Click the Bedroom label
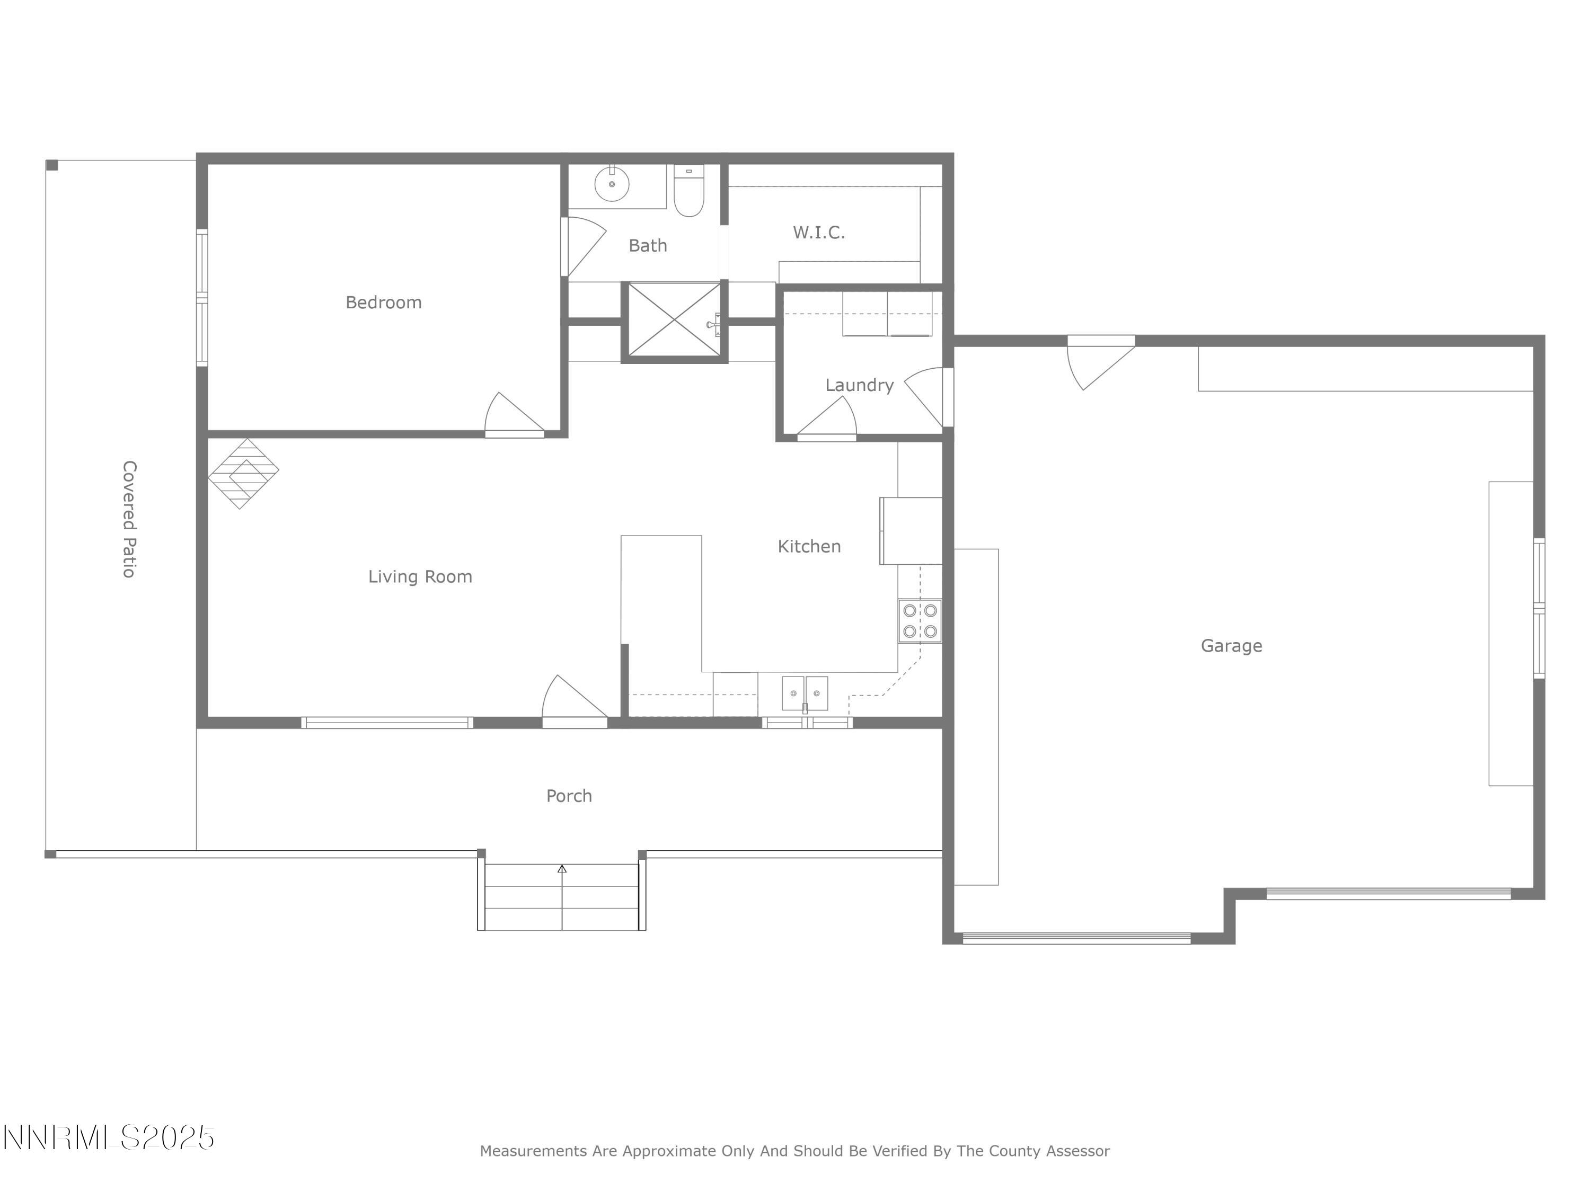383,303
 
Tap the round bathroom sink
612,185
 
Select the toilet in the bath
688,192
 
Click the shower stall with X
674,320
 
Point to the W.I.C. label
819,232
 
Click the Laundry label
859,385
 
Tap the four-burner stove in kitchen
920,621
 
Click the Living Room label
420,576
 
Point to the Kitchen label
809,546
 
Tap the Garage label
1231,646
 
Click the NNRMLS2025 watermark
109,1138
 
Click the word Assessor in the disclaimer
1077,1151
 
